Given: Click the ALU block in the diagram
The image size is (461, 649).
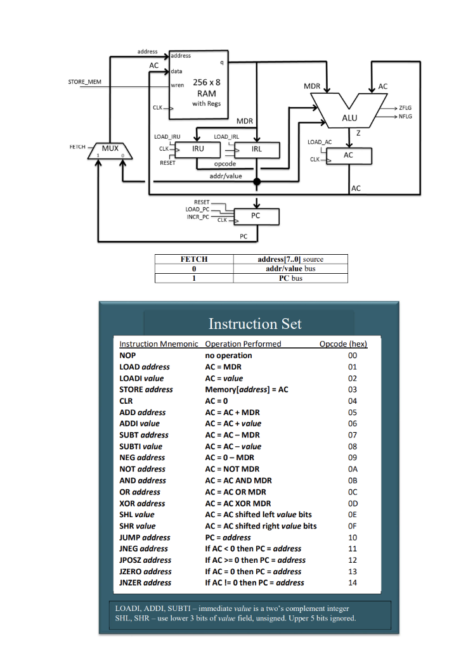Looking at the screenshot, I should pos(349,117).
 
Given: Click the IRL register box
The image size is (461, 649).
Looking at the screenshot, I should pos(256,149).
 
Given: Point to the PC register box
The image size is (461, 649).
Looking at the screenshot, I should pos(255,215).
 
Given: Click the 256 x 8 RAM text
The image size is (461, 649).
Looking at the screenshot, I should pos(207,87).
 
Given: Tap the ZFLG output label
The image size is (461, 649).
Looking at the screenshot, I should pos(405,108).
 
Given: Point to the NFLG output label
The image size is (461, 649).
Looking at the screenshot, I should pos(405,116).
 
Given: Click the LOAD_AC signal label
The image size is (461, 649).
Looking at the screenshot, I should pos(320,142).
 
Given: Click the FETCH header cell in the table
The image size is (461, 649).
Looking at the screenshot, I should pos(194,259).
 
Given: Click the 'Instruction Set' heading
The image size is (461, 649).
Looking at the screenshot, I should pos(255,324).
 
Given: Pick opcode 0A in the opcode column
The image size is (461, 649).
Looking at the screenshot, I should pos(353,469).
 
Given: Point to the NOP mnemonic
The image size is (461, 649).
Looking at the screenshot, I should pos(128,356).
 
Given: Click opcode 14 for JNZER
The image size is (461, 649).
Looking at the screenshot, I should pos(353,582).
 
